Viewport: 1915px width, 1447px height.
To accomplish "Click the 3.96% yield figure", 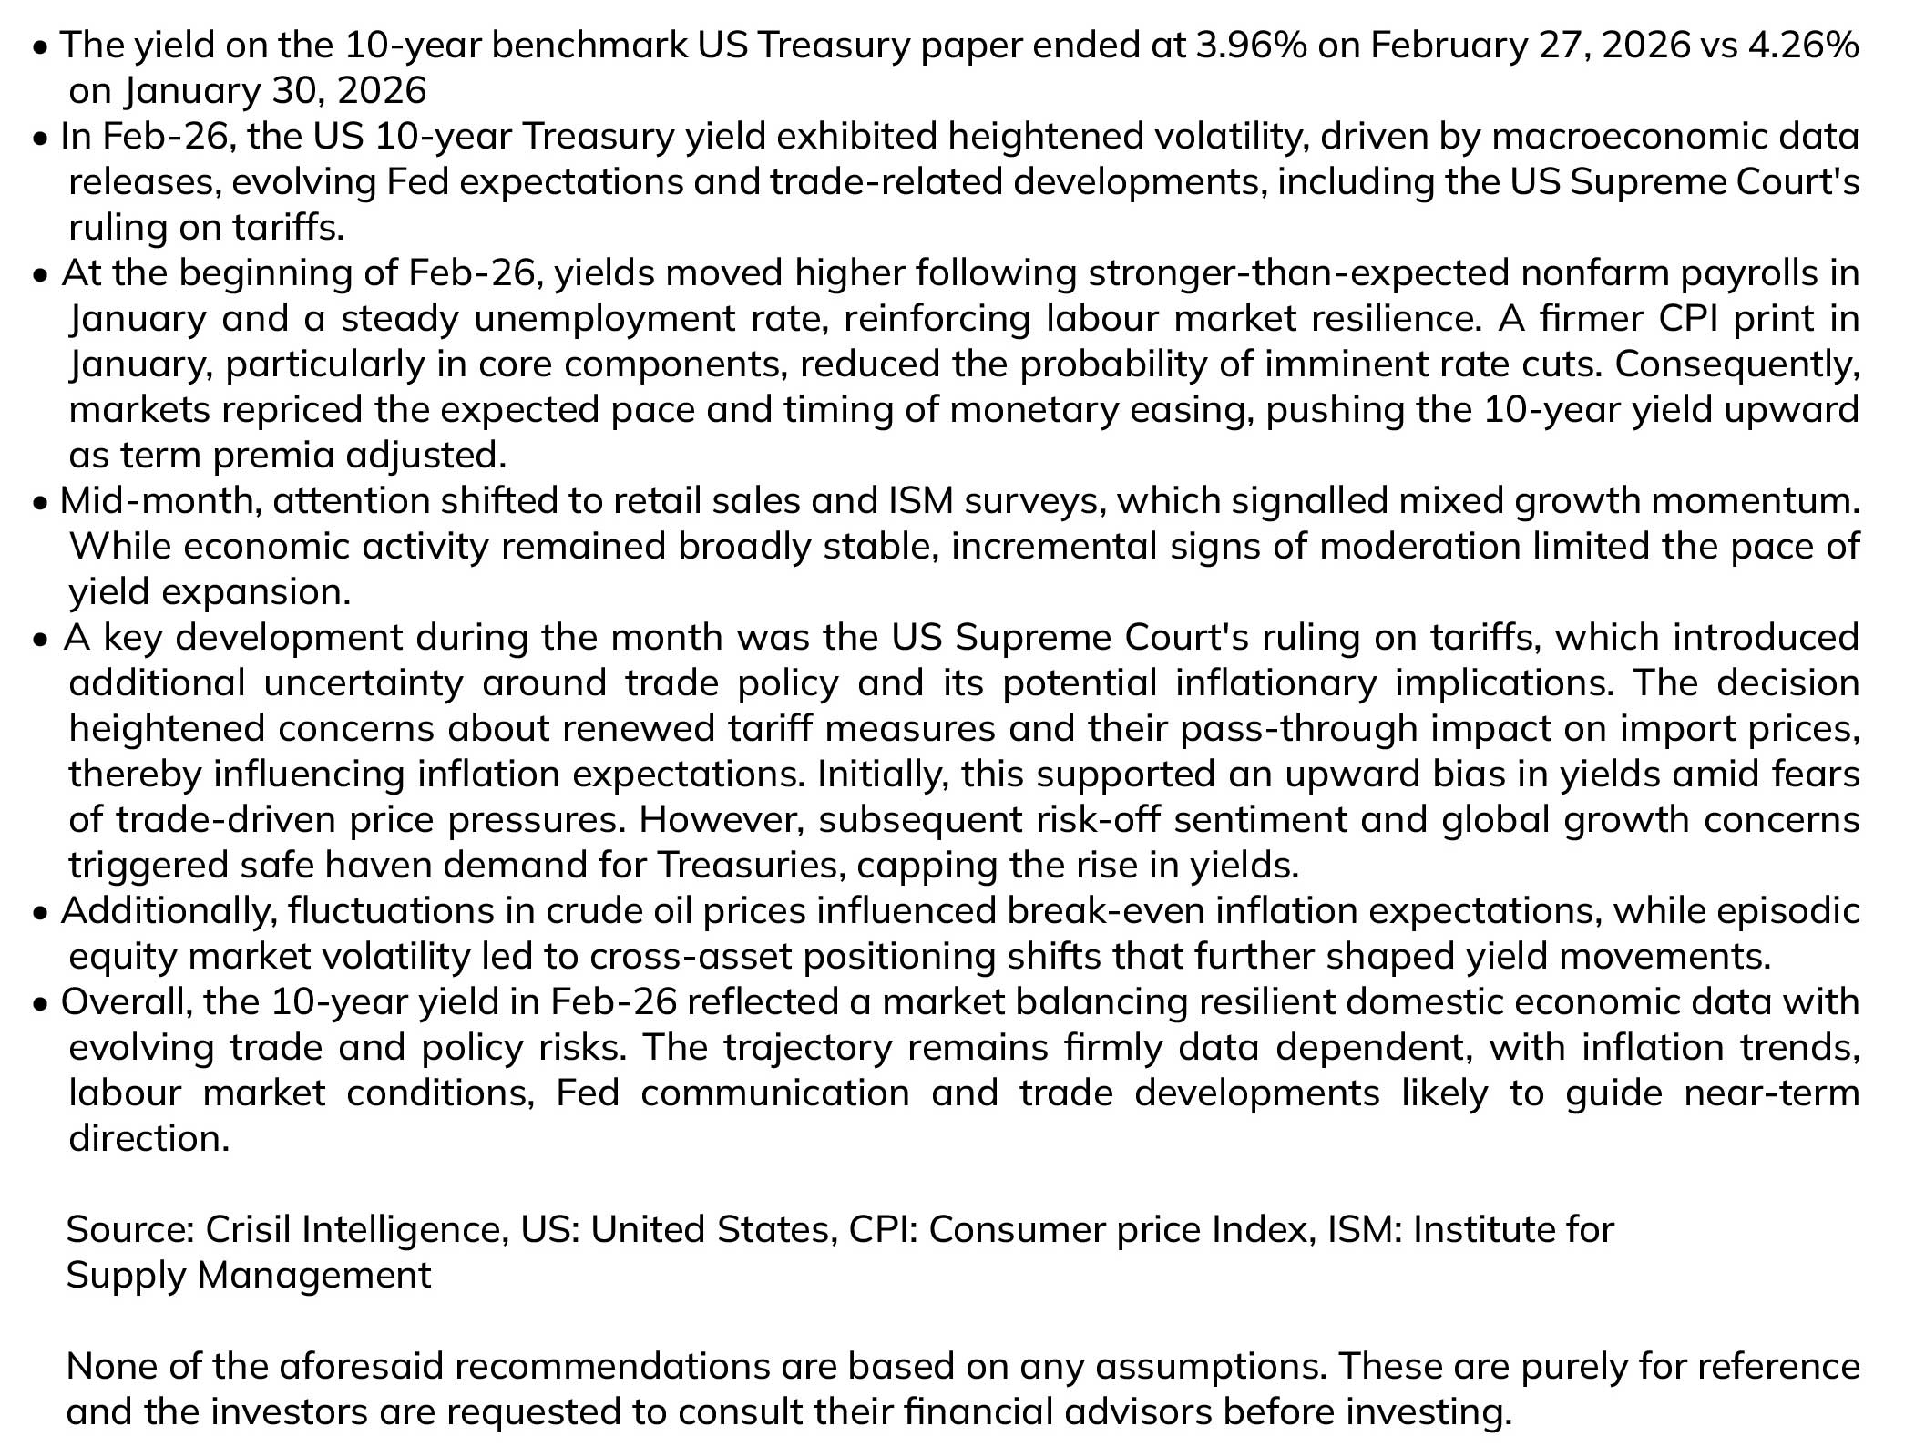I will coord(1249,46).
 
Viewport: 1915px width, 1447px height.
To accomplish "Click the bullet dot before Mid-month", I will coord(40,503).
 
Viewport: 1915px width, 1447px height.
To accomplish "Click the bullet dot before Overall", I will coord(40,1004).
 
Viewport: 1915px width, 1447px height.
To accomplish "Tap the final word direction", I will coord(149,1138).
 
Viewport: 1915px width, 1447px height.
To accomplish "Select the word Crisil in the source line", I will coord(248,1230).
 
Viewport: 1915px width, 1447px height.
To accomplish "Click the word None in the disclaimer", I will coord(115,1367).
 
